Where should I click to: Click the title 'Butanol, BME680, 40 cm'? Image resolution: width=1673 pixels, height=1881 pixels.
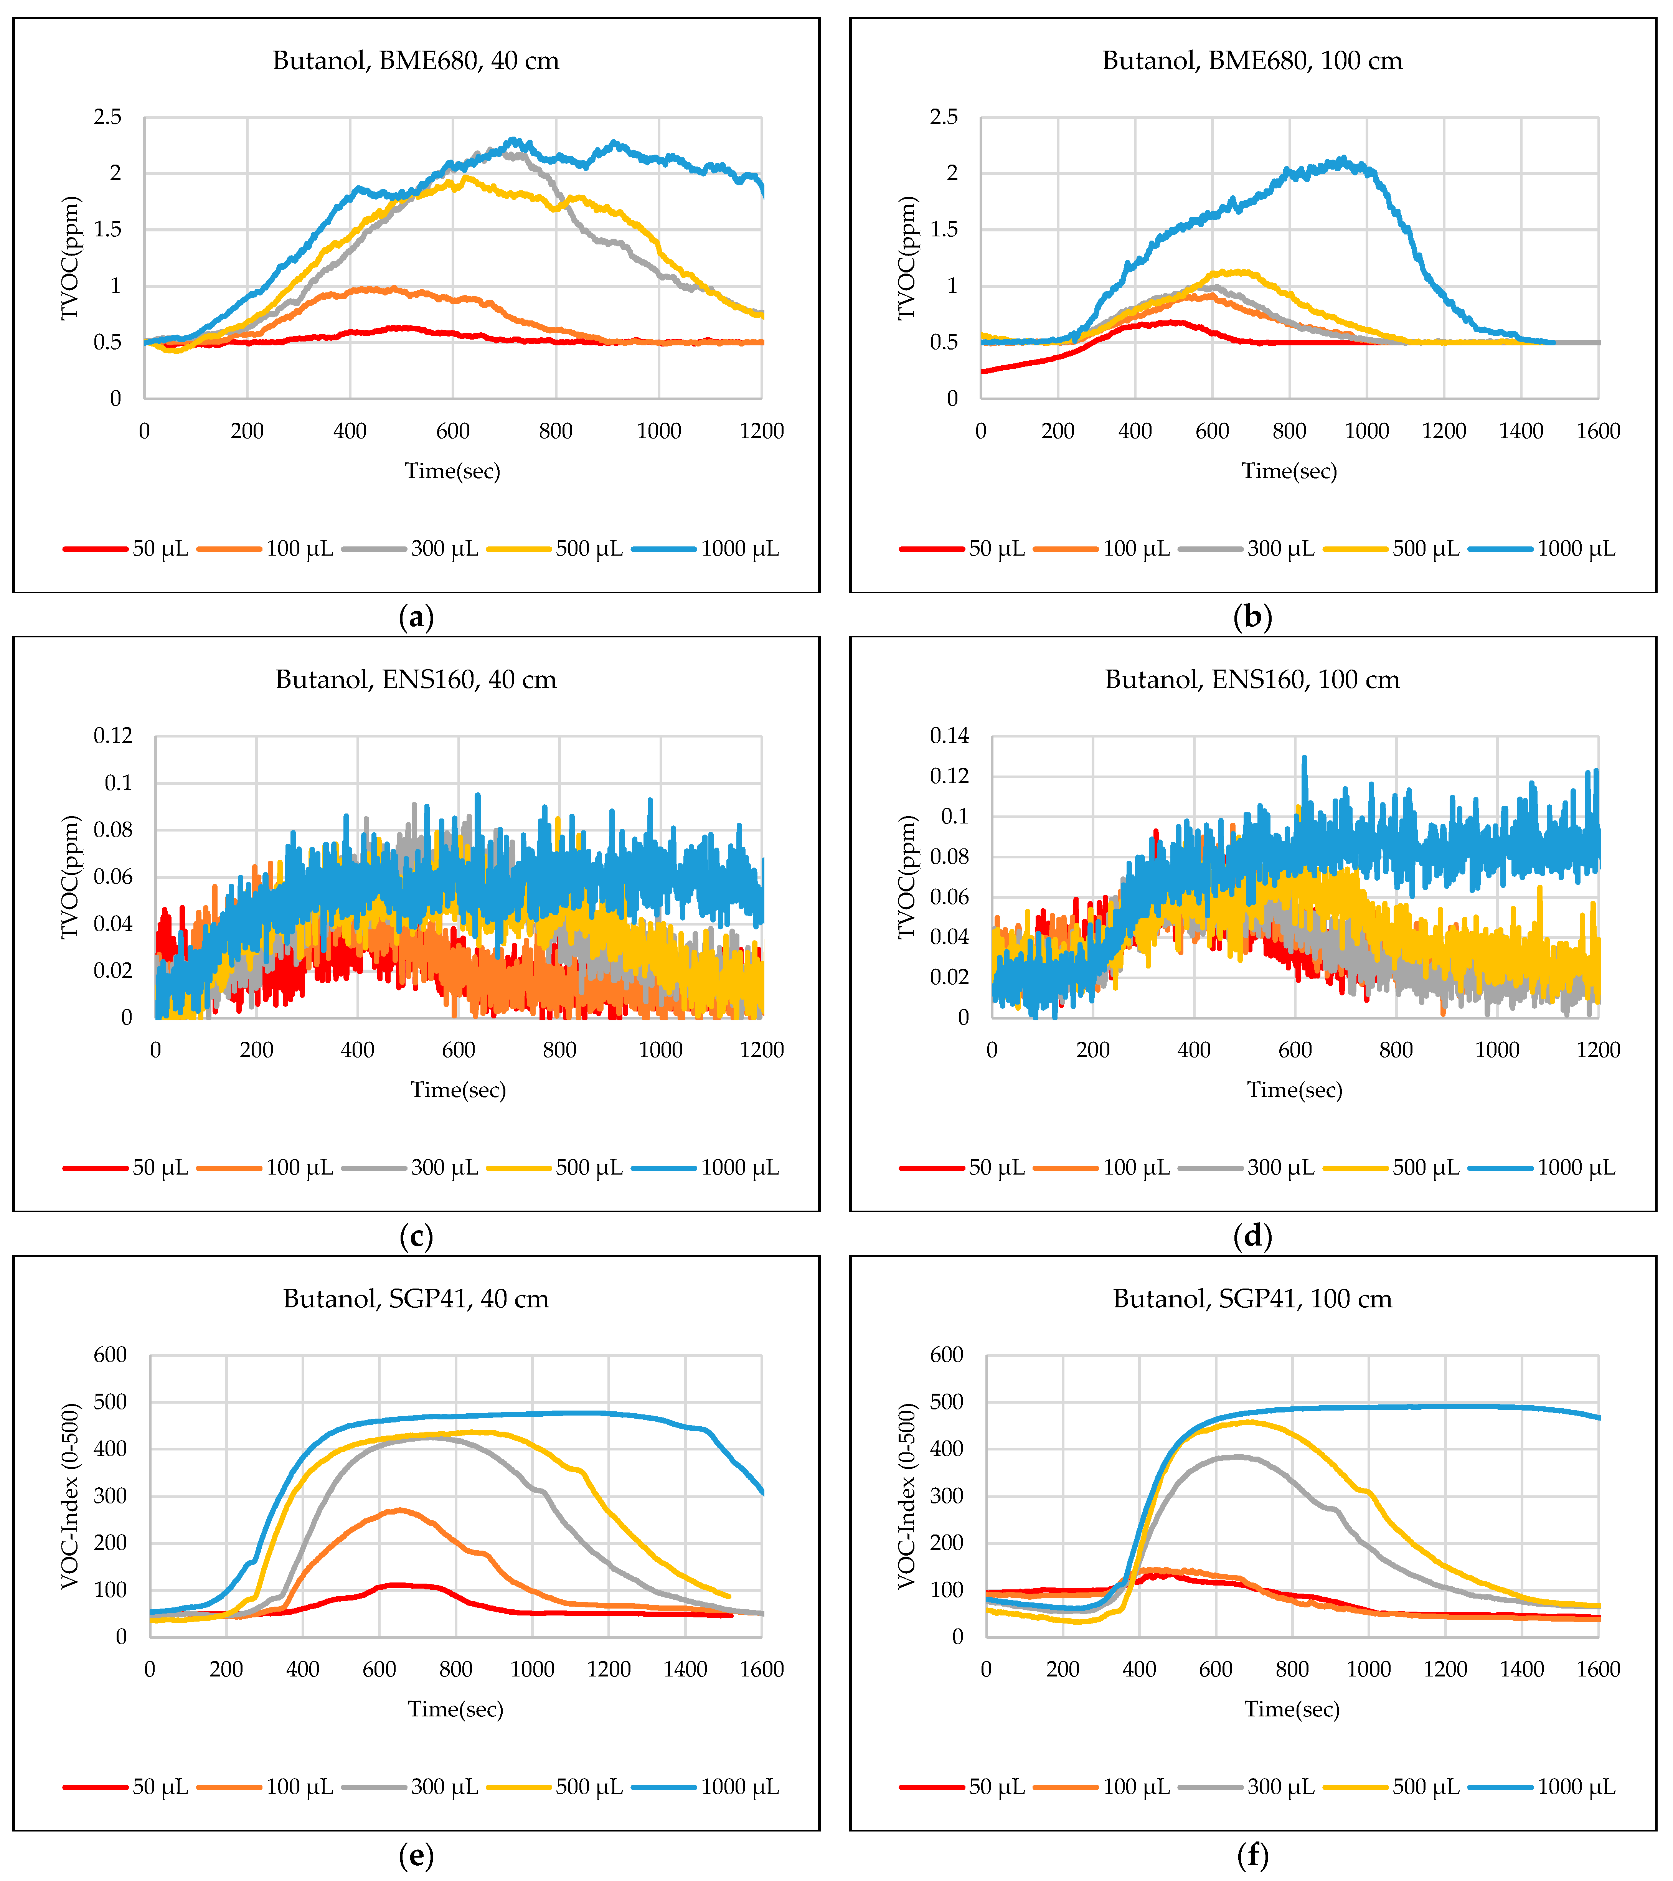[416, 61]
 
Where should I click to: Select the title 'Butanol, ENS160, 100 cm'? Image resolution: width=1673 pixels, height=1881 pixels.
[1252, 680]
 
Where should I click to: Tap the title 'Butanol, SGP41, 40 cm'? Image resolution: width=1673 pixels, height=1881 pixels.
[416, 1299]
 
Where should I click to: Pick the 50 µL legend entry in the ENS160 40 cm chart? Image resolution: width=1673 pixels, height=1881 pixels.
[126, 1169]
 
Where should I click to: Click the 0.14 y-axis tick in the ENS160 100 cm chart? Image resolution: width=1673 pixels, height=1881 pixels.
[950, 735]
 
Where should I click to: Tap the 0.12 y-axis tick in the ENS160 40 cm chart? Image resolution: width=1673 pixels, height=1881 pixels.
[113, 735]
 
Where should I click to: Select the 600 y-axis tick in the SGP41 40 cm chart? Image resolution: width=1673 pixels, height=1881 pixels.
[111, 1355]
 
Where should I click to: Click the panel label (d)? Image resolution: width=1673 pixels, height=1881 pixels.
[1252, 1236]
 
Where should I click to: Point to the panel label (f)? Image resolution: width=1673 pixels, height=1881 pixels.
[1252, 1855]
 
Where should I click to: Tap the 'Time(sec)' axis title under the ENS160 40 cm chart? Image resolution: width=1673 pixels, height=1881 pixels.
[458, 1091]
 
